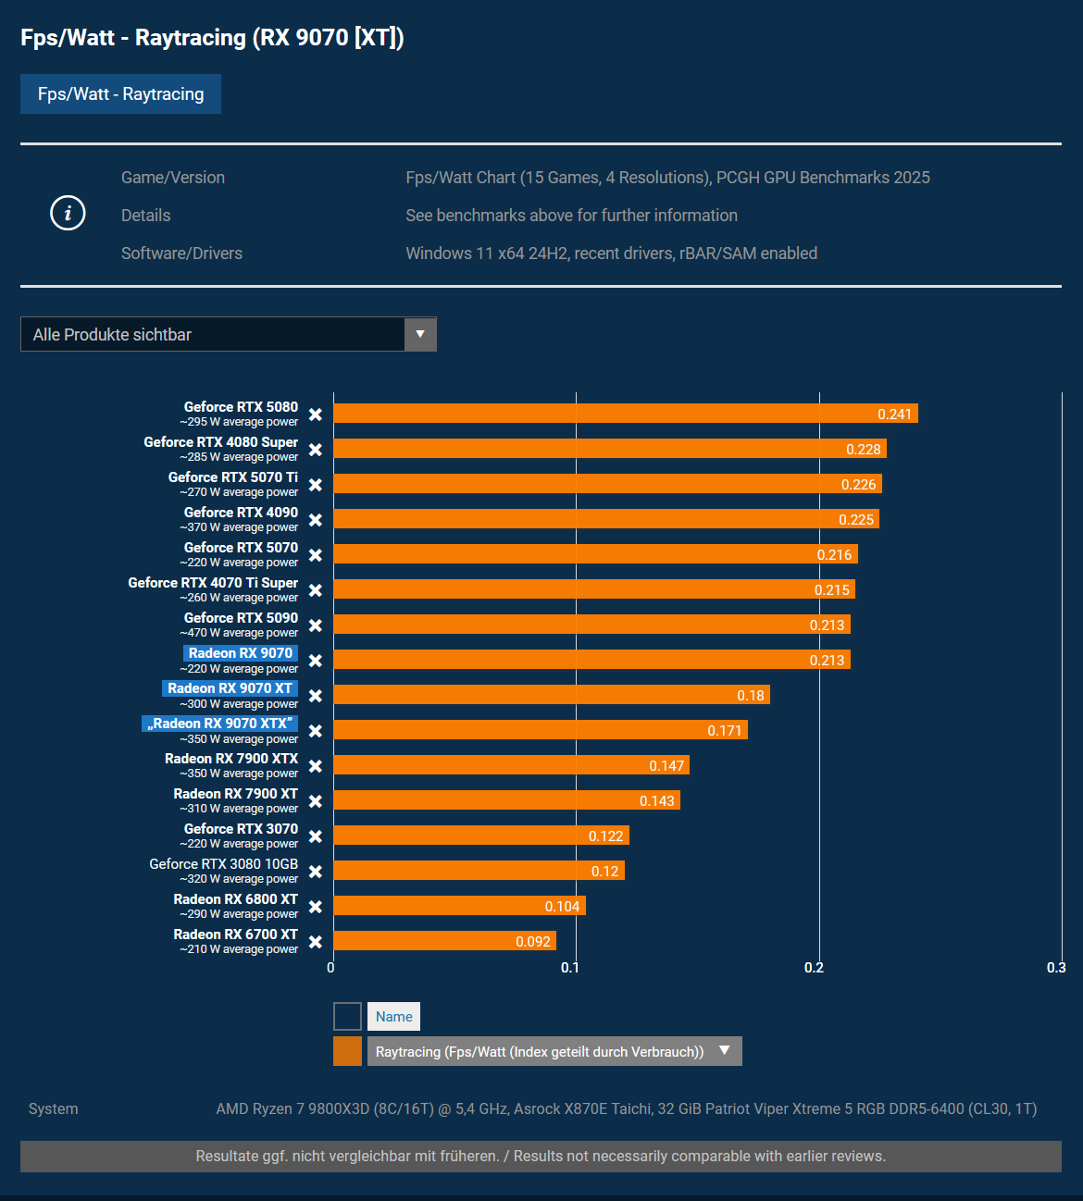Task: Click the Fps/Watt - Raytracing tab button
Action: [120, 94]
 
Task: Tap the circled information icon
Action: [68, 214]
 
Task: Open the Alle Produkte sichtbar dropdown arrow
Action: [420, 334]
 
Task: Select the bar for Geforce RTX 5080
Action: [625, 414]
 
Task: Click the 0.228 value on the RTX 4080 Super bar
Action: [863, 450]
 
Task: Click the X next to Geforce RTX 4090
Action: [316, 520]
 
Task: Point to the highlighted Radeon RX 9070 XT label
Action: [230, 688]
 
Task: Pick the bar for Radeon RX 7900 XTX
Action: [511, 765]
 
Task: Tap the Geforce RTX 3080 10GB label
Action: [224, 864]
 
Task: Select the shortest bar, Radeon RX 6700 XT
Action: [444, 941]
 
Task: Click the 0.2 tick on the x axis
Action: [814, 968]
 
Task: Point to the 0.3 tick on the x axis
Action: [1056, 968]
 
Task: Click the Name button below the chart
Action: [393, 1017]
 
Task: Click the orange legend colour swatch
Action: [347, 1051]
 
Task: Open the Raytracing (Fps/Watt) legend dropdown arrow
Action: [725, 1051]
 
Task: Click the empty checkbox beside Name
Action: [347, 1017]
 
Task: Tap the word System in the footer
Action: [54, 1108]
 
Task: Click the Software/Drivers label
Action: [181, 254]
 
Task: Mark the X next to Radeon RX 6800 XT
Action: [316, 907]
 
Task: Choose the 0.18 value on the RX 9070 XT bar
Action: [750, 696]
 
